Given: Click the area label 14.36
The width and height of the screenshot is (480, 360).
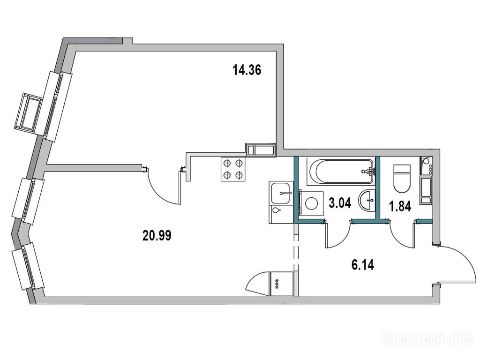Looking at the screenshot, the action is [x=247, y=70].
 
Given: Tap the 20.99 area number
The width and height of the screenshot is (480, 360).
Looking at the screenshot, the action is [x=157, y=235].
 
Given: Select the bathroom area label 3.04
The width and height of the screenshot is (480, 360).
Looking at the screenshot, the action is [x=340, y=202].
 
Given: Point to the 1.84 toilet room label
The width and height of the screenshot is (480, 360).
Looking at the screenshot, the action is [x=400, y=207].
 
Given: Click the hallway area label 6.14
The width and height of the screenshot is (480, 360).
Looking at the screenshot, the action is [x=363, y=264].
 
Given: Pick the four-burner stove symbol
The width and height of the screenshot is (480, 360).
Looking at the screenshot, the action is [x=233, y=169].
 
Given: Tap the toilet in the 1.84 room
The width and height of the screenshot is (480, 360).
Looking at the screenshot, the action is [x=401, y=178].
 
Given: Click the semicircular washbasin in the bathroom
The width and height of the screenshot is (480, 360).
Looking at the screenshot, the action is [x=367, y=200].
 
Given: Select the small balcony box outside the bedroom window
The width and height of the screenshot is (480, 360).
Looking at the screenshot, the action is [x=28, y=112].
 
